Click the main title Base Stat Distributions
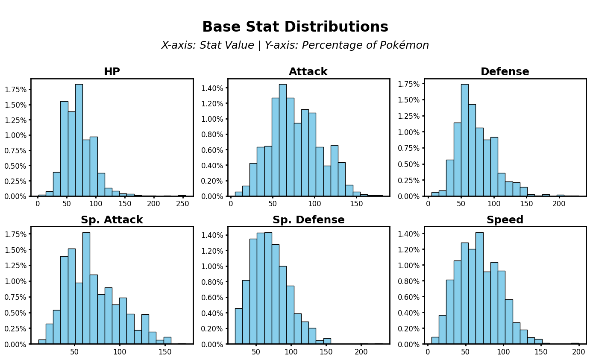295,27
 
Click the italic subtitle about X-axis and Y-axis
295,45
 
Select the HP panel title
112,72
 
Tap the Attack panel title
308,72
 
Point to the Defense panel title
505,72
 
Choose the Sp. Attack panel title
112,220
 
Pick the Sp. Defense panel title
308,220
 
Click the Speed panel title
505,220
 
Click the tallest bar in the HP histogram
79,141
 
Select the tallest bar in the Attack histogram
282,141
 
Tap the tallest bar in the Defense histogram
464,141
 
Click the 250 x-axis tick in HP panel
182,204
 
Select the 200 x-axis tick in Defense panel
559,204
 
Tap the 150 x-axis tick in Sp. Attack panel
164,352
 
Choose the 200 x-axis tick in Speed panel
578,352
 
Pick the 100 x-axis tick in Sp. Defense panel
291,352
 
